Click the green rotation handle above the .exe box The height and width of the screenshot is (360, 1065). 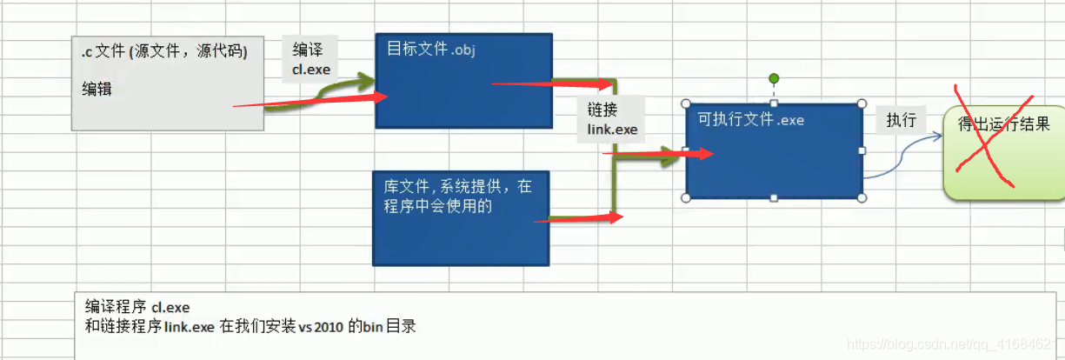coord(774,79)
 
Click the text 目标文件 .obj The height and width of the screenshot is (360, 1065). coord(430,49)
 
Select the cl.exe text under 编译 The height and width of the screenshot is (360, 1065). coord(311,69)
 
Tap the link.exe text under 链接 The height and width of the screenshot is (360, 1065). coord(612,130)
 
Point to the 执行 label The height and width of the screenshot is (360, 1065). coord(901,120)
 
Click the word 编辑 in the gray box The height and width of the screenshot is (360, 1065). coord(97,88)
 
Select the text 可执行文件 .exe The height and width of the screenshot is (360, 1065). coord(750,120)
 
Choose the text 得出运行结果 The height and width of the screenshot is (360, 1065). coord(1004,123)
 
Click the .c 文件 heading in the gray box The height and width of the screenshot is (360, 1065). coord(164,52)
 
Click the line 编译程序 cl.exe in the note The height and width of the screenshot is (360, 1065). coord(137,307)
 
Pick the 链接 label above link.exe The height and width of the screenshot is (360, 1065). coord(602,110)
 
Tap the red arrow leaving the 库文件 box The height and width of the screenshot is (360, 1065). coord(578,219)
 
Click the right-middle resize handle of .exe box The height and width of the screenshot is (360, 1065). coord(862,150)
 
